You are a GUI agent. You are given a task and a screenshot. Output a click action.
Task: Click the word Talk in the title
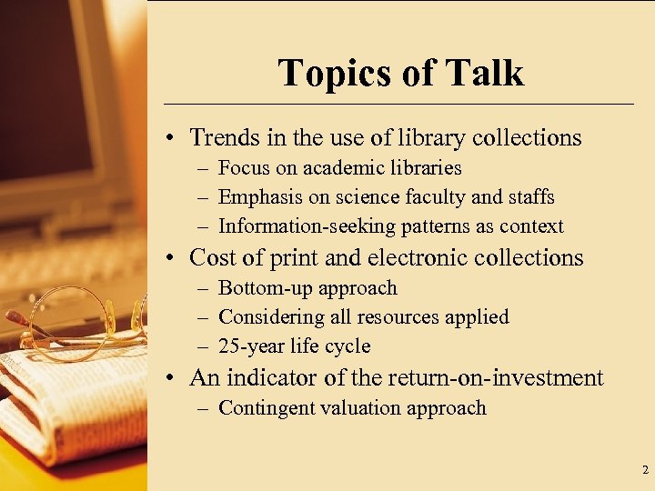pyautogui.click(x=484, y=73)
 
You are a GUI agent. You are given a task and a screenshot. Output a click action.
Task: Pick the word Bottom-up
pyautogui.click(x=261, y=288)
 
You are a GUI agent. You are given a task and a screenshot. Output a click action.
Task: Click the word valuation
pyautogui.click(x=359, y=408)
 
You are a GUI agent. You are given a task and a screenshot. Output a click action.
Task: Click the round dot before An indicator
pyautogui.click(x=171, y=378)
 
